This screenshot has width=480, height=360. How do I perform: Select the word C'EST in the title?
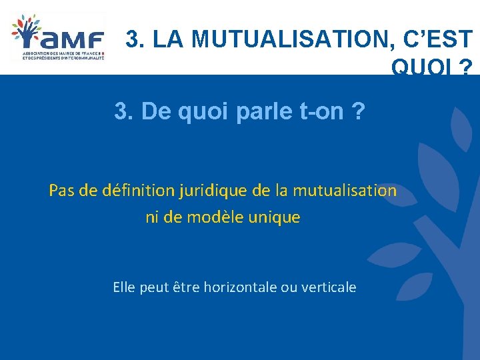point(437,41)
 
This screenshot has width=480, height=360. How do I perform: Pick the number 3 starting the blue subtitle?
point(121,112)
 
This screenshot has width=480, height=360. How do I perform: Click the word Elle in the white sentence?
point(124,287)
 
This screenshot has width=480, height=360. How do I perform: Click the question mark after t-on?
point(359,112)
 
